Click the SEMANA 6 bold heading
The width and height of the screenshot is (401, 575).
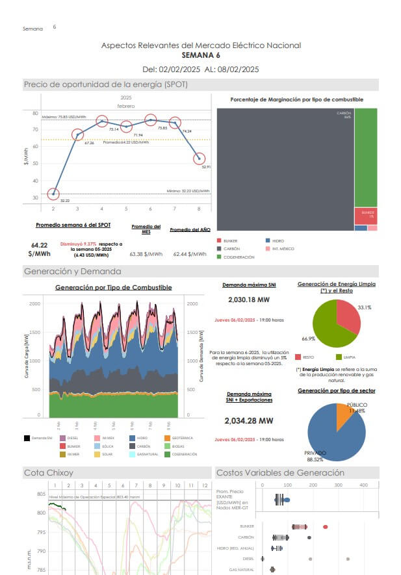pyautogui.click(x=201, y=55)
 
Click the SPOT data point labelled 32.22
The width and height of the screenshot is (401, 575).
pyautogui.click(x=53, y=194)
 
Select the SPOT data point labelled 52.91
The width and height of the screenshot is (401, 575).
pyautogui.click(x=200, y=159)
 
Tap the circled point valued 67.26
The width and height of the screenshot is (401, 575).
pyautogui.click(x=77, y=135)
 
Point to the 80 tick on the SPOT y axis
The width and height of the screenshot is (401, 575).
pyautogui.click(x=34, y=114)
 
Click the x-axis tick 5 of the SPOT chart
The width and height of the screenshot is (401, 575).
pyautogui.click(x=126, y=209)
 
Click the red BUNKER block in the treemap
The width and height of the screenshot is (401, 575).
pyautogui.click(x=365, y=216)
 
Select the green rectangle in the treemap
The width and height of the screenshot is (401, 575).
pyautogui.click(x=366, y=157)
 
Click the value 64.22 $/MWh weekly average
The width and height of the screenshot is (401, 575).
pyautogui.click(x=40, y=249)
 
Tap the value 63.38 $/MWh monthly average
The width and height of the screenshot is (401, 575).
pyautogui.click(x=146, y=254)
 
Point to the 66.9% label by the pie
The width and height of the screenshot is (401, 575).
pyautogui.click(x=309, y=339)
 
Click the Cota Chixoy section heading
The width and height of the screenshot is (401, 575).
pyautogui.click(x=49, y=472)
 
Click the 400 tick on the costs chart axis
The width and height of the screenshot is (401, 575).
pyautogui.click(x=363, y=485)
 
